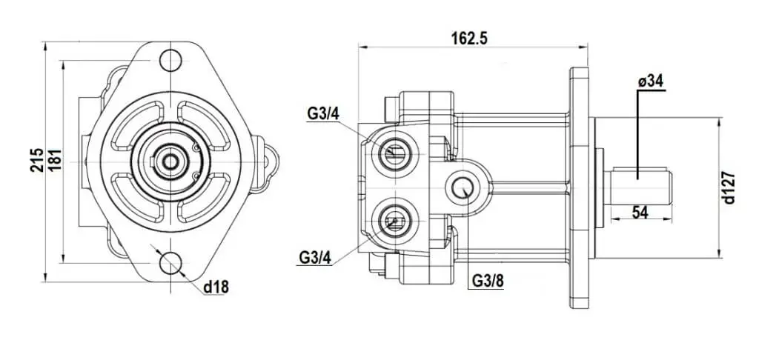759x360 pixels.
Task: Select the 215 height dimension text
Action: [37, 161]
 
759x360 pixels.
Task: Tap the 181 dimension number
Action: [55, 161]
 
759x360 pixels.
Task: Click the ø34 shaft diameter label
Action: [651, 81]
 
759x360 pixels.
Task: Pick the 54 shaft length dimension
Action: [640, 211]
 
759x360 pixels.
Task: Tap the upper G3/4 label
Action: [323, 115]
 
